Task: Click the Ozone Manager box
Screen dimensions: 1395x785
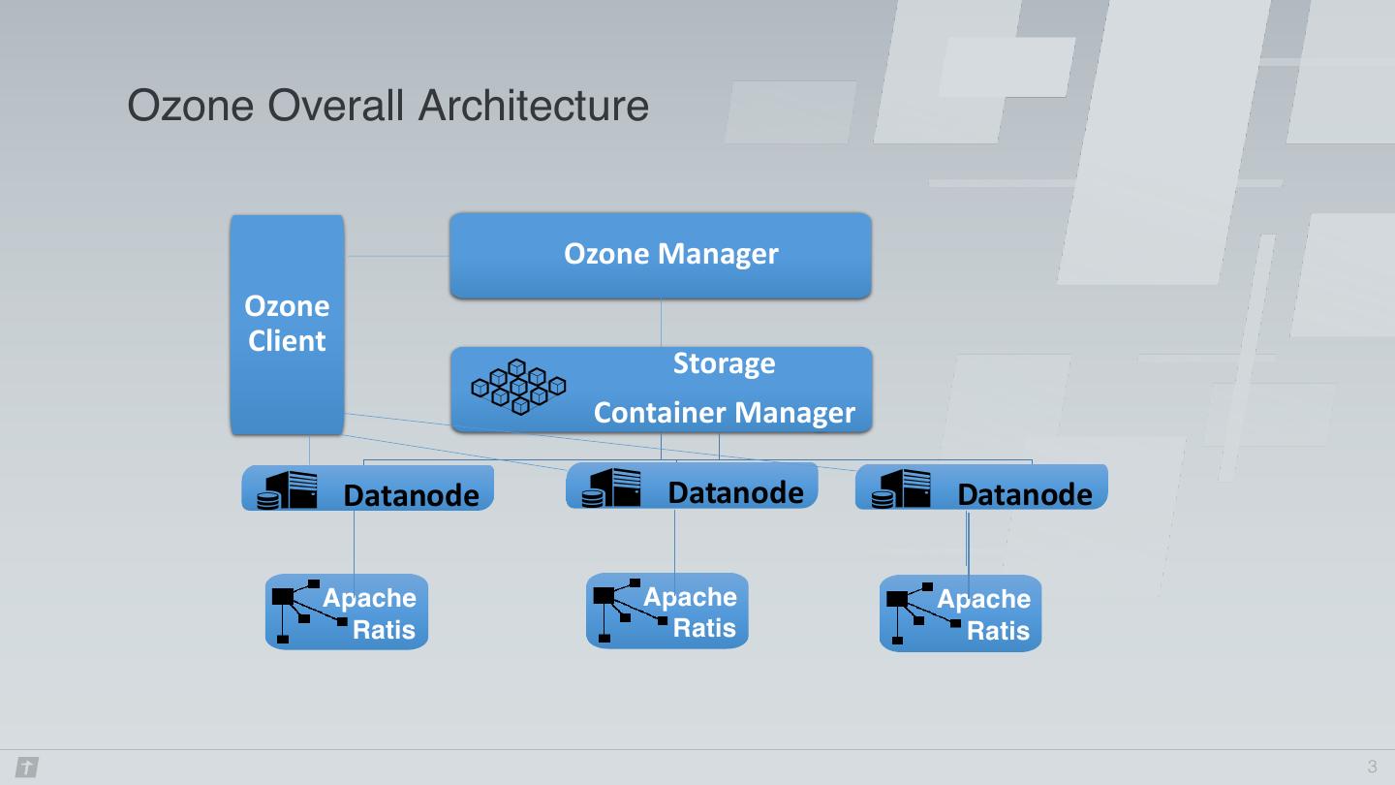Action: point(660,256)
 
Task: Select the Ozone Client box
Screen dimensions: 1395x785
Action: point(287,325)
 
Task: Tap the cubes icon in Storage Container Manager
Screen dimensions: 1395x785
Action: point(518,387)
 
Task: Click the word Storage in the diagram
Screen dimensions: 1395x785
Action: point(724,363)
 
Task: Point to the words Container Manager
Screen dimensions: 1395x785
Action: point(725,413)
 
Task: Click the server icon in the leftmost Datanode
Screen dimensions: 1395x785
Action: point(287,490)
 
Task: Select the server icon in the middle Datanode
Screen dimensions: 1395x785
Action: point(611,487)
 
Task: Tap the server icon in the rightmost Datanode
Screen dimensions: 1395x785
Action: point(901,489)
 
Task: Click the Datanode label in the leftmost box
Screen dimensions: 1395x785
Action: point(411,496)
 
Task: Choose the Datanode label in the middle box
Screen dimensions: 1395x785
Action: point(735,492)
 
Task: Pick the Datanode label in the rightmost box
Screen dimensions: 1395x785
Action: point(1025,494)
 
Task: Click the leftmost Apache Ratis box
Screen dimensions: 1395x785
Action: point(347,612)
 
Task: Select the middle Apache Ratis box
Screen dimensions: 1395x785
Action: point(666,611)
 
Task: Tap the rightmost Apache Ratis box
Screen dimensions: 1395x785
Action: point(960,613)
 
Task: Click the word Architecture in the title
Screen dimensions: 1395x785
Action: point(534,106)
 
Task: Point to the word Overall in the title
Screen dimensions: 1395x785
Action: point(335,106)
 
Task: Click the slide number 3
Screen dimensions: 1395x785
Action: point(1372,767)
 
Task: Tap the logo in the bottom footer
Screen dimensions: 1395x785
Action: point(27,767)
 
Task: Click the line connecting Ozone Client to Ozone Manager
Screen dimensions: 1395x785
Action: point(397,256)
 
